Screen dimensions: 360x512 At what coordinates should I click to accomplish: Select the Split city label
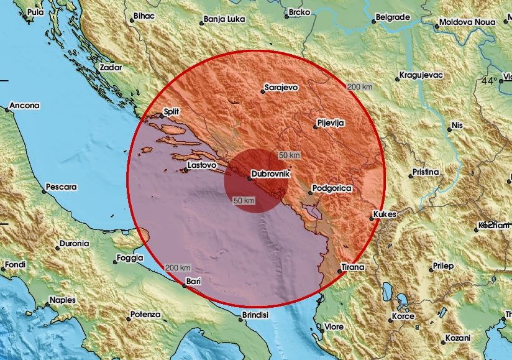coord(171,113)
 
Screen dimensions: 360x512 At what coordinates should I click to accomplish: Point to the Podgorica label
coord(332,188)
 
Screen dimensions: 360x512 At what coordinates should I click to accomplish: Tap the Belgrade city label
coord(393,18)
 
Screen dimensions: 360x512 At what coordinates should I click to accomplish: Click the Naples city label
coord(63,300)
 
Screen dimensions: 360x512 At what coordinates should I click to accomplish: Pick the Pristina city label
coord(425,172)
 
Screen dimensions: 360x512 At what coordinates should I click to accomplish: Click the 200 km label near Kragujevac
coord(360,87)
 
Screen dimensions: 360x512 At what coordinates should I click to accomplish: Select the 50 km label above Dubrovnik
coord(289,154)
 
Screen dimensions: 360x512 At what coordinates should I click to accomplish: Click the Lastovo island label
coord(201,165)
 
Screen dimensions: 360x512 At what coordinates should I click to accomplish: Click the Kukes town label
coord(383,215)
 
